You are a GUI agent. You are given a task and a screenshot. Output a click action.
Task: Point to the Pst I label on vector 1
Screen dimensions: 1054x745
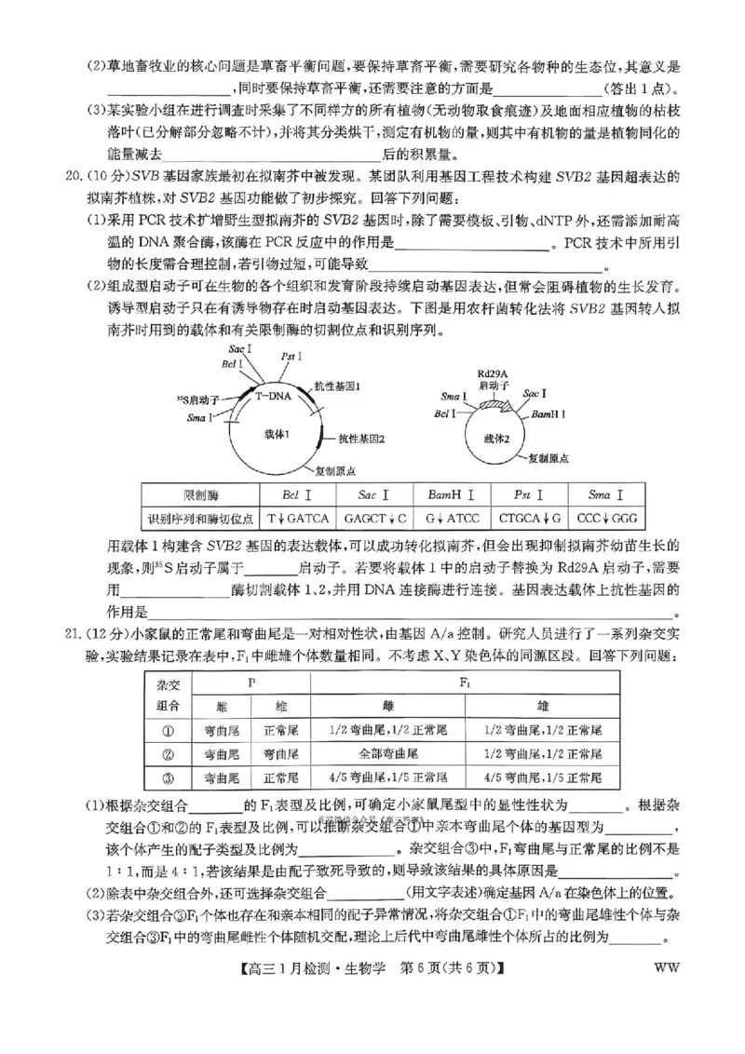tap(291, 356)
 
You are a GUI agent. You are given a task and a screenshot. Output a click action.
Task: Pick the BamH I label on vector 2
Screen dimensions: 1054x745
tap(545, 412)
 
